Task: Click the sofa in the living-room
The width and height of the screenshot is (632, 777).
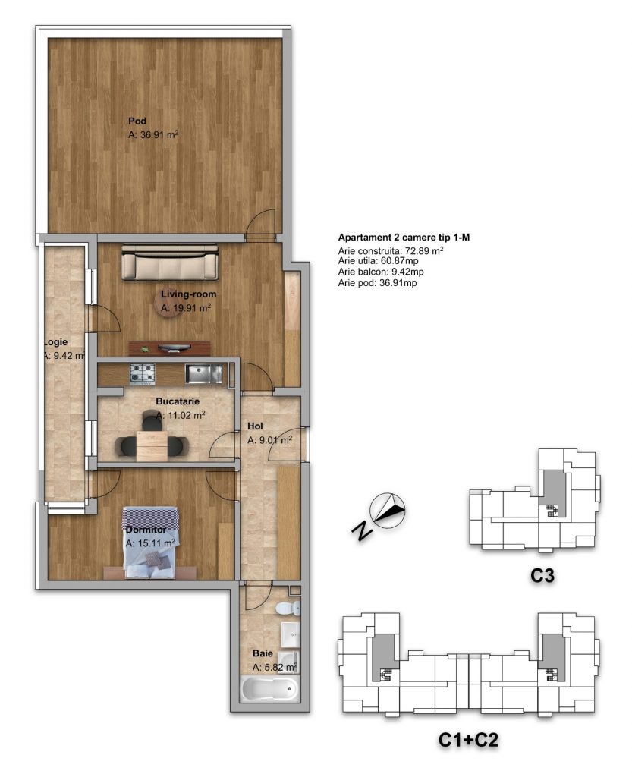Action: (x=170, y=263)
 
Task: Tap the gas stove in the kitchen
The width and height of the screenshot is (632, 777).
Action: (x=143, y=373)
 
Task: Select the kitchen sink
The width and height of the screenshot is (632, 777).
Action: (x=204, y=373)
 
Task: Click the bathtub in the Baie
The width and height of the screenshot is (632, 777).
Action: (x=270, y=689)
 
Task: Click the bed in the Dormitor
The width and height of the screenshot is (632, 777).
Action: (x=150, y=542)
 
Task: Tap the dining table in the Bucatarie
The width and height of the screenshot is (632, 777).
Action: (x=152, y=446)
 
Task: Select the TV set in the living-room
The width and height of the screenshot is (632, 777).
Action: (x=174, y=348)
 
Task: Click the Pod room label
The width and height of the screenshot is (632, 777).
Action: (x=137, y=121)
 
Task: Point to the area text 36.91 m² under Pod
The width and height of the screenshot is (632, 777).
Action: (x=153, y=134)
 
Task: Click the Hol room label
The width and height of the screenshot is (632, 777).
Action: (x=255, y=426)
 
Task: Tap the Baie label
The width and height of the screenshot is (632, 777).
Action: (x=263, y=653)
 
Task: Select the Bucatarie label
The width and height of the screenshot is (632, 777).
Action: (x=178, y=401)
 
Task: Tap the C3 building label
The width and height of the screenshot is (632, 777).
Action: (x=542, y=576)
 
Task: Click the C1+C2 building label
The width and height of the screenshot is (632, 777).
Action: (x=468, y=740)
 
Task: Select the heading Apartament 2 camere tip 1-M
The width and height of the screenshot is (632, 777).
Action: (x=404, y=238)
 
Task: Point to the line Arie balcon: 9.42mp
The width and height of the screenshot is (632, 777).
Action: (x=381, y=272)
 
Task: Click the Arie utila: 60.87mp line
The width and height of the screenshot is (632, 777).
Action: (x=378, y=261)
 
